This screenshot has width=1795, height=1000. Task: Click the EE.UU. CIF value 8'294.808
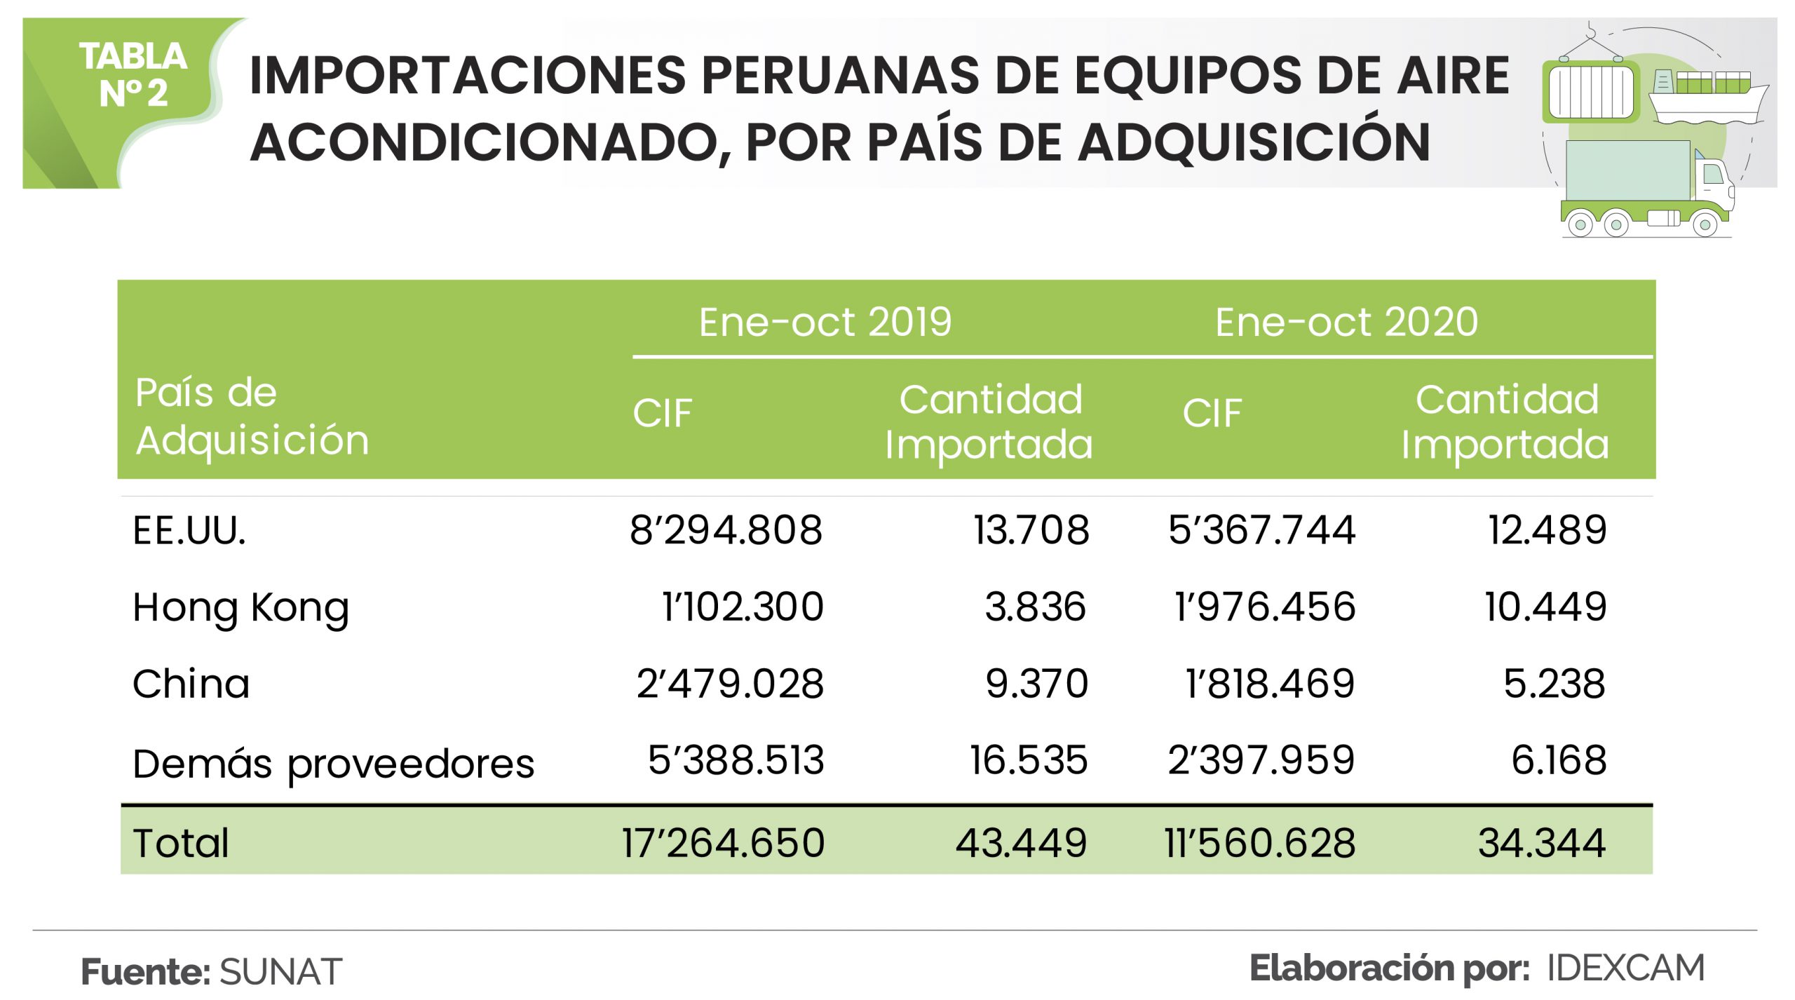[x=726, y=530]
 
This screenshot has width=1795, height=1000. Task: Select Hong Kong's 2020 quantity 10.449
[x=1545, y=607]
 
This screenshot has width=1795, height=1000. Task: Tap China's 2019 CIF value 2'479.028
[x=730, y=684]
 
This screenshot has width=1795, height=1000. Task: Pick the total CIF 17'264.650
[x=723, y=843]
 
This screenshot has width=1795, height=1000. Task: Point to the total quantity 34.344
[x=1541, y=843]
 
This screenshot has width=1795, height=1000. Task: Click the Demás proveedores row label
[x=333, y=764]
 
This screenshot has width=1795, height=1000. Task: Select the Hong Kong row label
[x=241, y=607]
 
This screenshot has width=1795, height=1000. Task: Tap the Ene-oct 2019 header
[x=825, y=323]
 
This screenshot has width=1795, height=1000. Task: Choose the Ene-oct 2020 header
[x=1346, y=323]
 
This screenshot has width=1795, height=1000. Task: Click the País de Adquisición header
[x=251, y=417]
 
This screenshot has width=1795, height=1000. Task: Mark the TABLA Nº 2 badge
[x=133, y=75]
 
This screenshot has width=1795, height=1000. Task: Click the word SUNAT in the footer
[x=280, y=972]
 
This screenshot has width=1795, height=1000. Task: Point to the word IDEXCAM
[x=1625, y=968]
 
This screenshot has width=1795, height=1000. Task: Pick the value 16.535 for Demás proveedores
[x=1029, y=761]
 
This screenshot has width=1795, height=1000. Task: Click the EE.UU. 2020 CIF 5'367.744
[x=1261, y=530]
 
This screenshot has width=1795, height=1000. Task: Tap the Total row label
[x=180, y=843]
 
